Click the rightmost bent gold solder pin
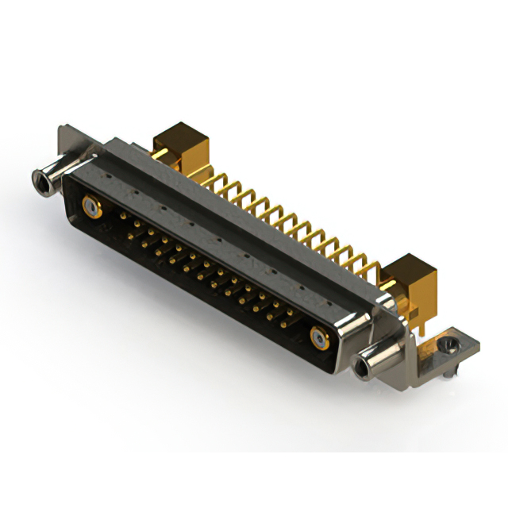click(x=373, y=266)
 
